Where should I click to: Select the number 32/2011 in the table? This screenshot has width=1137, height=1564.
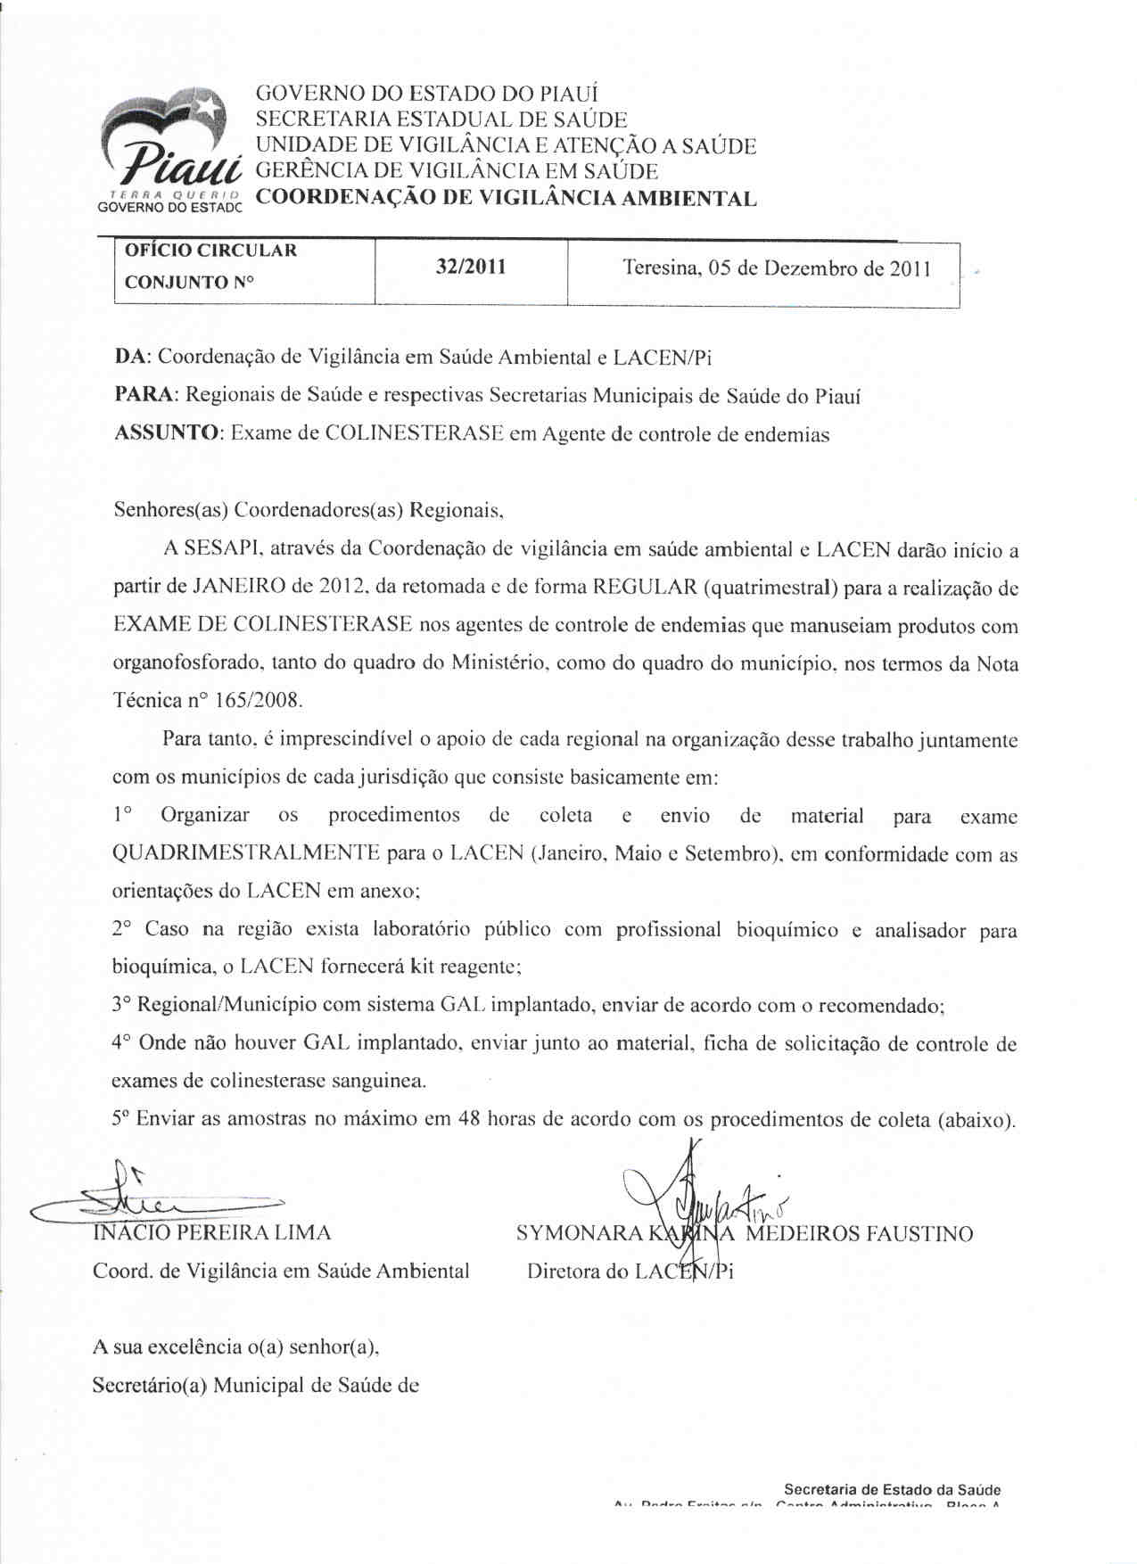470,267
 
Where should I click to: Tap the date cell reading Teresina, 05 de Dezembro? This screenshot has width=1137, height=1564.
776,268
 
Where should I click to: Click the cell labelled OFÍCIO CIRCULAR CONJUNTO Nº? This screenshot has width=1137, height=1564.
210,267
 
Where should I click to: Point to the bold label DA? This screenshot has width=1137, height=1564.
132,358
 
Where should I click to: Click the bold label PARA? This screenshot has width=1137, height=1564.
147,395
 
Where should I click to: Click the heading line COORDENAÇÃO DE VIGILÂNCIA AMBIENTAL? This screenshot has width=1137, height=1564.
506,198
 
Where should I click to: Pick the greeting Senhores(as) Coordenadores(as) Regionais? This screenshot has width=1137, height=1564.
309,510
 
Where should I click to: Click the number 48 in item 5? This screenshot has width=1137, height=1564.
469,1119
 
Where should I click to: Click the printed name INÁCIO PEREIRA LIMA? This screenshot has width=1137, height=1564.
212,1233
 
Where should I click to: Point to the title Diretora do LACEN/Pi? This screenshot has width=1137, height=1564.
630,1272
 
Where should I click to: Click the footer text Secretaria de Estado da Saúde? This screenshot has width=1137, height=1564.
892,1489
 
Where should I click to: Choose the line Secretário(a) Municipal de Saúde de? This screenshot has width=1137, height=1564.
256,1385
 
